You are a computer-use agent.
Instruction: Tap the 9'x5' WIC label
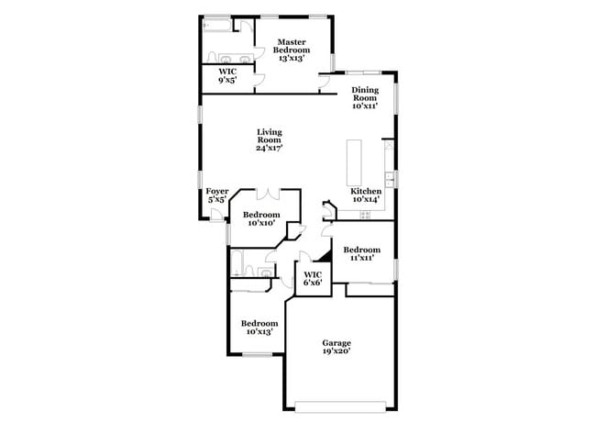[x=225, y=76]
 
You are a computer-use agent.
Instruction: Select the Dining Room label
[x=365, y=98]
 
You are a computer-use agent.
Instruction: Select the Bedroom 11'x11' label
[x=361, y=254]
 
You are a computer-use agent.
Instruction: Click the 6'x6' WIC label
[x=312, y=279]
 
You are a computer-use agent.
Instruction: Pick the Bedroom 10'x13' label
[x=259, y=328]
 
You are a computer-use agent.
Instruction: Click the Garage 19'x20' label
[x=336, y=347]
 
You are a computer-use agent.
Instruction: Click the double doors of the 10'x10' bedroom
[x=269, y=194]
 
